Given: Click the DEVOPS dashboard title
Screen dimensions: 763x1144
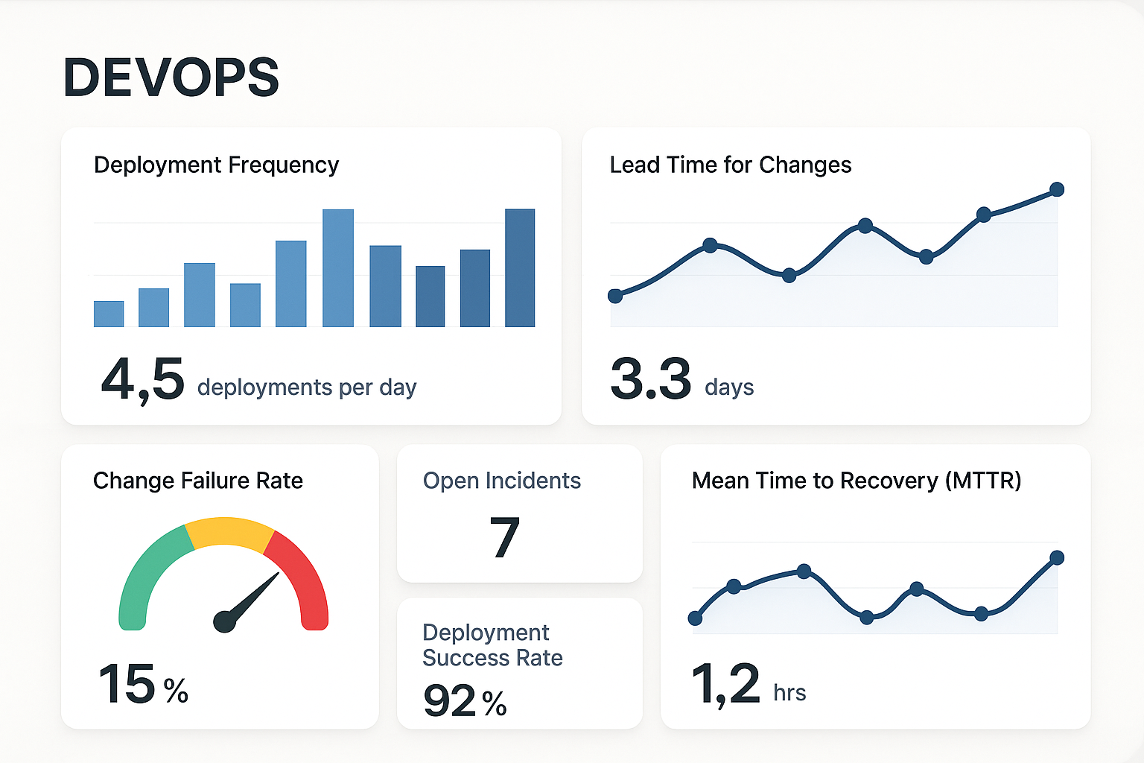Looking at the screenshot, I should pos(171,77).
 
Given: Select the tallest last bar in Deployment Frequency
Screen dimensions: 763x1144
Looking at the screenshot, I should pos(520,268).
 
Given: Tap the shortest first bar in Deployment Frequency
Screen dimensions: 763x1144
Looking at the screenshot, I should pos(109,314).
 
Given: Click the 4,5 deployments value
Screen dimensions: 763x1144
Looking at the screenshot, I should pos(143,379).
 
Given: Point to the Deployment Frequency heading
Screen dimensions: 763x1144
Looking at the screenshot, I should pos(216,165).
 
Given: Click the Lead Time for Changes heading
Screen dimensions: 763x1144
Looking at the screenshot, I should pos(730,165).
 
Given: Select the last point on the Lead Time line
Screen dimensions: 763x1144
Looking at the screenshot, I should pos(1056,189).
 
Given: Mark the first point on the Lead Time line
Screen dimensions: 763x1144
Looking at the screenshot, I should pos(615,296).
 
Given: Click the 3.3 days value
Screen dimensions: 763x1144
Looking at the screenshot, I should pos(651,379).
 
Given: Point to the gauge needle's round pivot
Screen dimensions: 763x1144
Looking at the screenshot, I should pos(224,621).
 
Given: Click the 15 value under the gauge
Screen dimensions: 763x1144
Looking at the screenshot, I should pos(127,684).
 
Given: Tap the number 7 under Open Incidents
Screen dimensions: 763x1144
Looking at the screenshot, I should pos(504,537).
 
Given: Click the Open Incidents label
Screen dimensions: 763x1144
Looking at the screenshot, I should pos(502,481).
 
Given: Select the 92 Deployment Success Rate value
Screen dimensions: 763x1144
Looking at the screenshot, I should pos(450,700).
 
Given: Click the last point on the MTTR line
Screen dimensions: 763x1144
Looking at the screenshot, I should pos(1056,557).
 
